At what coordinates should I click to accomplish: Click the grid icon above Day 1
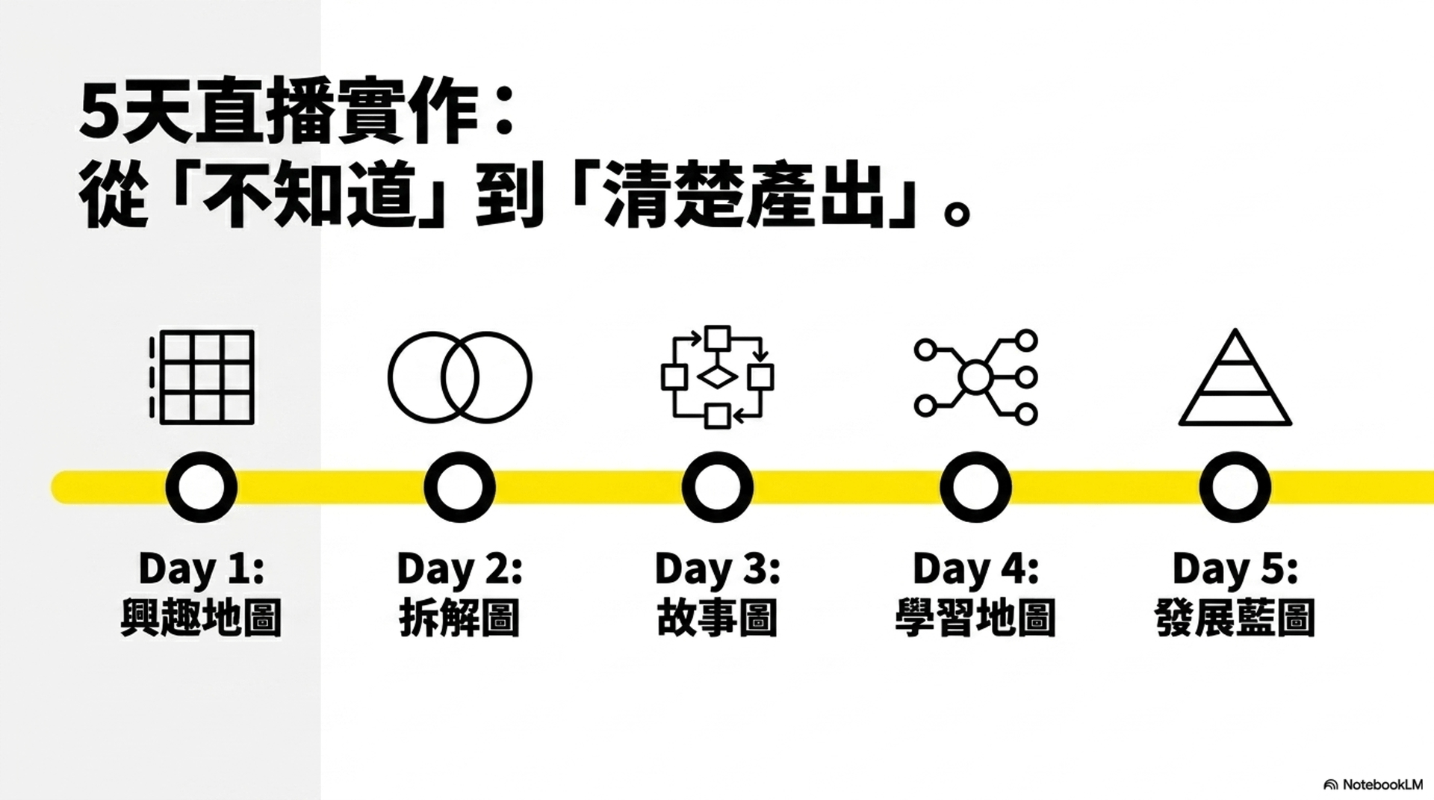[202, 377]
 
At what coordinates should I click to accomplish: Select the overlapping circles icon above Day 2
[459, 377]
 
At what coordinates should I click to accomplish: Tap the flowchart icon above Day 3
[717, 377]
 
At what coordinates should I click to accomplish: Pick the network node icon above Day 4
[975, 377]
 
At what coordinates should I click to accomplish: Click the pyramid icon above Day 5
[1235, 377]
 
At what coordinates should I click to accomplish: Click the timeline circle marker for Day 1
[202, 487]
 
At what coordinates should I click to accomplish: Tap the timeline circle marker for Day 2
[459, 487]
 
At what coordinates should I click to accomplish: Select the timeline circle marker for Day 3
[717, 487]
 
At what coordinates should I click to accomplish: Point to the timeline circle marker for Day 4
[975, 487]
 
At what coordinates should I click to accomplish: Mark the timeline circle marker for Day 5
[1235, 487]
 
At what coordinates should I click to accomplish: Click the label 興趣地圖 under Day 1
[201, 618]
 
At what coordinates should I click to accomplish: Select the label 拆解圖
[459, 618]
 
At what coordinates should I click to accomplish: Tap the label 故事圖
[717, 618]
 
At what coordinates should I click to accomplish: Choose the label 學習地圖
[975, 618]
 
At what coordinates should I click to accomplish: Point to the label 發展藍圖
[1235, 618]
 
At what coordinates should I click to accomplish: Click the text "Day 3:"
[717, 569]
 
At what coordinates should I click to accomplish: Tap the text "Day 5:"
[1235, 569]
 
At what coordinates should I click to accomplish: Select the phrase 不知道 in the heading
[308, 194]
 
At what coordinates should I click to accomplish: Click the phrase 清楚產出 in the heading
[745, 194]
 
